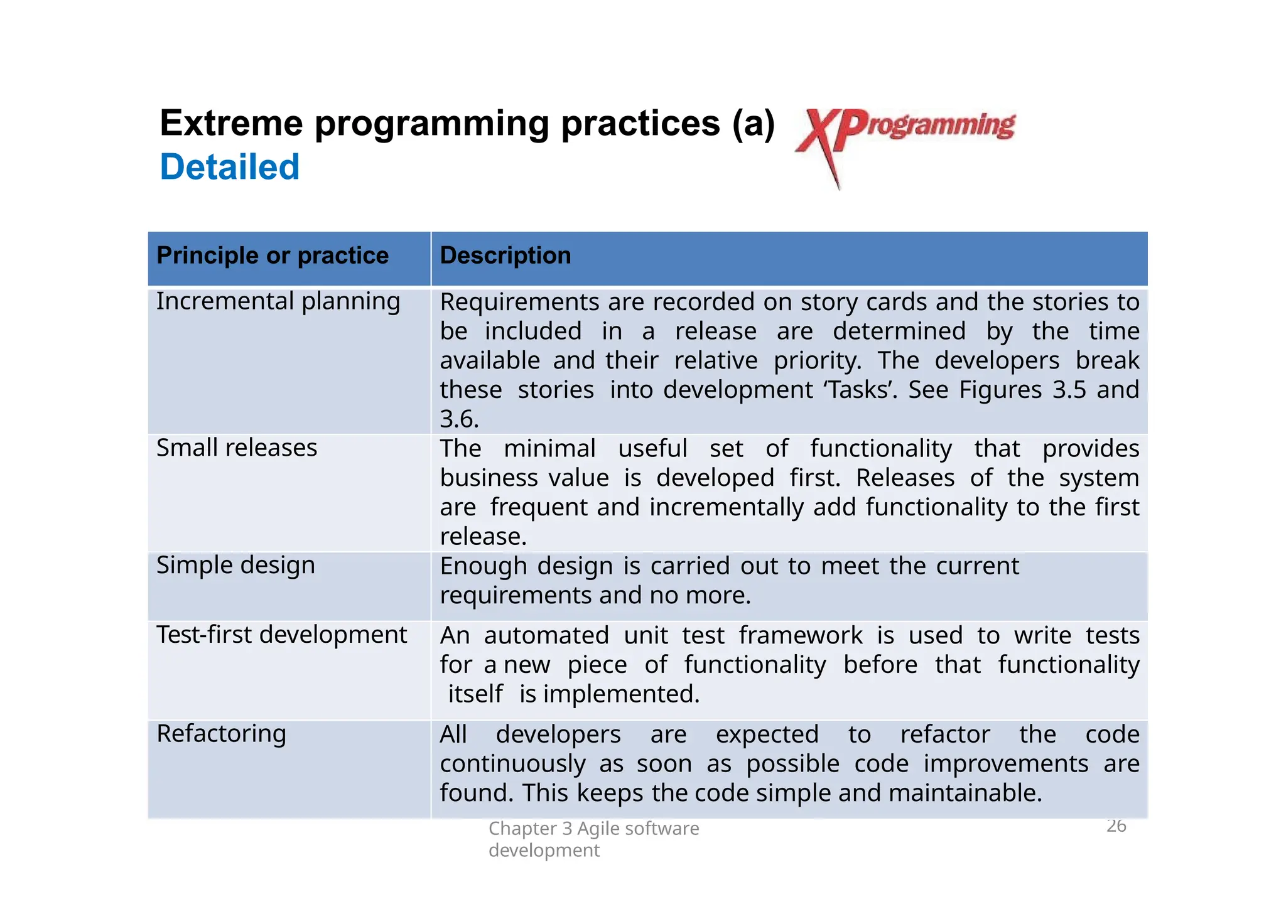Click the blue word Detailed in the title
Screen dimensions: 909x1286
point(230,167)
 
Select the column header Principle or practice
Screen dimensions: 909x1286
point(273,255)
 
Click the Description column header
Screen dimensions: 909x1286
point(505,255)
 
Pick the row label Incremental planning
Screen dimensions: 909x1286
point(278,301)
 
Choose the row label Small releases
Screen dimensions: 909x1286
point(237,448)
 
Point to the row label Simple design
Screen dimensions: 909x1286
point(235,566)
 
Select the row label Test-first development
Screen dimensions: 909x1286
point(281,635)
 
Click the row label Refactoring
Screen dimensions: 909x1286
point(221,734)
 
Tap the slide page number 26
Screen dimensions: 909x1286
point(1116,826)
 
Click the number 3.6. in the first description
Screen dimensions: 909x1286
point(459,419)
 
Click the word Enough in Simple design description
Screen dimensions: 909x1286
point(483,566)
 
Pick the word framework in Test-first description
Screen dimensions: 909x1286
point(800,635)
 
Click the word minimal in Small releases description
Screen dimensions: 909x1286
point(549,449)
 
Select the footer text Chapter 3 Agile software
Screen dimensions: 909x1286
point(593,829)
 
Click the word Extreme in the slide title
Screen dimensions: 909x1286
point(231,123)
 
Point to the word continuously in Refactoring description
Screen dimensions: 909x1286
point(512,764)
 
